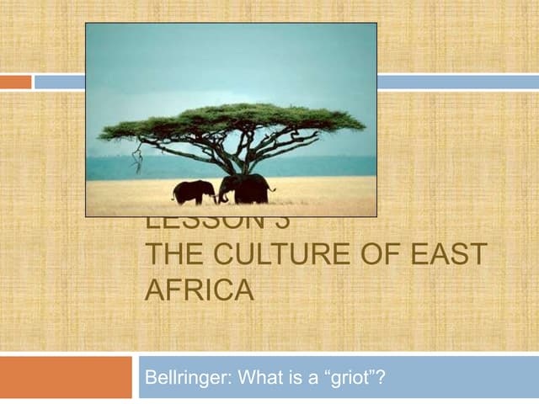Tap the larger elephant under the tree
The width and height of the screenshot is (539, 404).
[244, 189]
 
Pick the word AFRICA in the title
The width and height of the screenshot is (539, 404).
[199, 290]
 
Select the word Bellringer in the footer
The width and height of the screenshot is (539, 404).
[179, 378]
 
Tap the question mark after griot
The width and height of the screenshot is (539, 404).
[382, 378]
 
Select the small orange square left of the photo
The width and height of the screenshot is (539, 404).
[15, 82]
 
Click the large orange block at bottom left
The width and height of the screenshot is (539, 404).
[66, 377]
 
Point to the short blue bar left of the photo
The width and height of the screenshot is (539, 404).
[59, 82]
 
